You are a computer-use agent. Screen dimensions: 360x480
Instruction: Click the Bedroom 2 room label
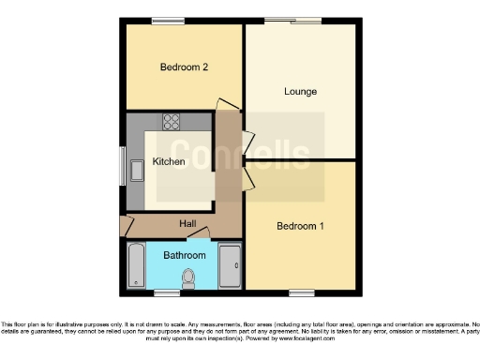(183, 67)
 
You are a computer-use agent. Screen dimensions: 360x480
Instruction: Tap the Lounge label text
(301, 92)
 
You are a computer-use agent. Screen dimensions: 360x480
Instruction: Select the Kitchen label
(169, 161)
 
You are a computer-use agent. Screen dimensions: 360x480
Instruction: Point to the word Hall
(187, 223)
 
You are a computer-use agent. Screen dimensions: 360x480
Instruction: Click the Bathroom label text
(185, 255)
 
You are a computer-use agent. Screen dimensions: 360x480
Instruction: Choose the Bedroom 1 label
(300, 226)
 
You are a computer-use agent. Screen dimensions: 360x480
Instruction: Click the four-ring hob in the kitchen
(172, 121)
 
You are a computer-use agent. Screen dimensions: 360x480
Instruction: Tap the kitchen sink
(136, 170)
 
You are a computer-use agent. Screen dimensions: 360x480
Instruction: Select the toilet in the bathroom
(188, 278)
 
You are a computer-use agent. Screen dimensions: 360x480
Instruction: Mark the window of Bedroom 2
(169, 20)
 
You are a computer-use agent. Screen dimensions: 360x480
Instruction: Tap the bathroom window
(169, 293)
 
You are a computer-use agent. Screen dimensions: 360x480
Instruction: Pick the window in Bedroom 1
(302, 293)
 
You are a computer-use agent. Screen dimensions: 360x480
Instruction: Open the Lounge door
(247, 142)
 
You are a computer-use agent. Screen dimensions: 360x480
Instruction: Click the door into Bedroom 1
(247, 178)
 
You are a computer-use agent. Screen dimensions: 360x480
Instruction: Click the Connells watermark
(240, 156)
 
